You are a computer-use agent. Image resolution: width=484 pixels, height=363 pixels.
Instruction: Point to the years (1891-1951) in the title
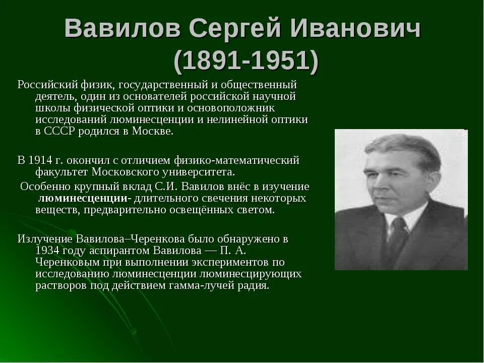click(x=247, y=61)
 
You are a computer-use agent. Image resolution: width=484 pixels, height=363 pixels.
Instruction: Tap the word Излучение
click(x=45, y=238)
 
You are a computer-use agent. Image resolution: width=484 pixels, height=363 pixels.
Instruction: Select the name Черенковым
click(x=65, y=262)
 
